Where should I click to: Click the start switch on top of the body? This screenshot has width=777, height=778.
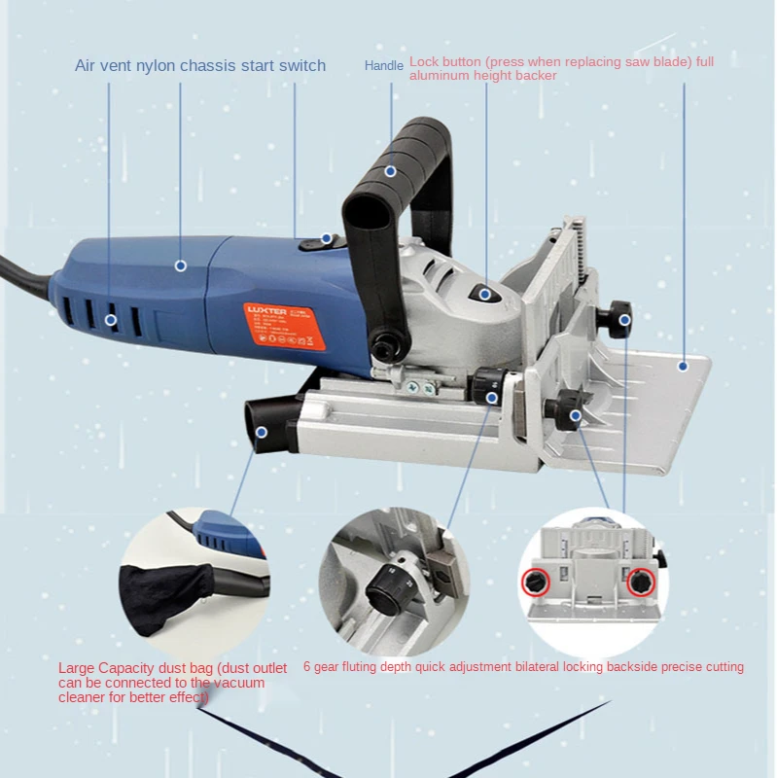(319, 242)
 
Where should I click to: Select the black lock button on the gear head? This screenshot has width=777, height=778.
(484, 293)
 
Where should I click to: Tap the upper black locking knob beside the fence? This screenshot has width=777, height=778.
(619, 319)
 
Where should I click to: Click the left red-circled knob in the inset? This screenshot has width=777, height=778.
(534, 583)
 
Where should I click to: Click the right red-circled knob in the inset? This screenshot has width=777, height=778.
(640, 583)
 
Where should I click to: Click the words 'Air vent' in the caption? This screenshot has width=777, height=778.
(105, 66)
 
